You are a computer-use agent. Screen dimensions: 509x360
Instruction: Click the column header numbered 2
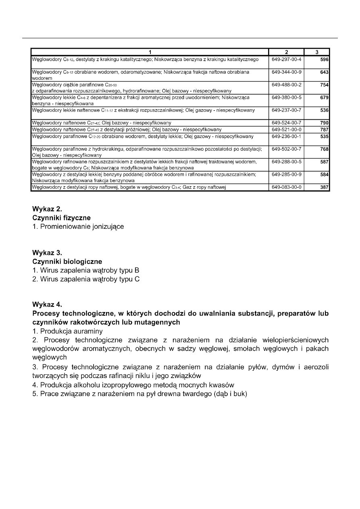286,52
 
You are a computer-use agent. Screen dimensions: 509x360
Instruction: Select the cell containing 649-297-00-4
286,59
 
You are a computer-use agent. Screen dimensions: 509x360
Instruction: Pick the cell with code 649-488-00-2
286,85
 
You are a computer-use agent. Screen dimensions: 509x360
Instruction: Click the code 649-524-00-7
286,123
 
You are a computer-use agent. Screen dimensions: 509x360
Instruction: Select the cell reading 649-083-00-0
286,187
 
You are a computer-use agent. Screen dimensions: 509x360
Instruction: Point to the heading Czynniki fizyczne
61,218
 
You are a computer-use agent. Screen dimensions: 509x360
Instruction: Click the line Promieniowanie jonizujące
78,227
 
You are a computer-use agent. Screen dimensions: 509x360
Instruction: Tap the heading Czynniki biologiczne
67,262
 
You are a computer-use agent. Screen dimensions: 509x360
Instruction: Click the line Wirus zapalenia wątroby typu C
86,279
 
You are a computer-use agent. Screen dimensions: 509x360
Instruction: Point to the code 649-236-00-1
286,137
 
